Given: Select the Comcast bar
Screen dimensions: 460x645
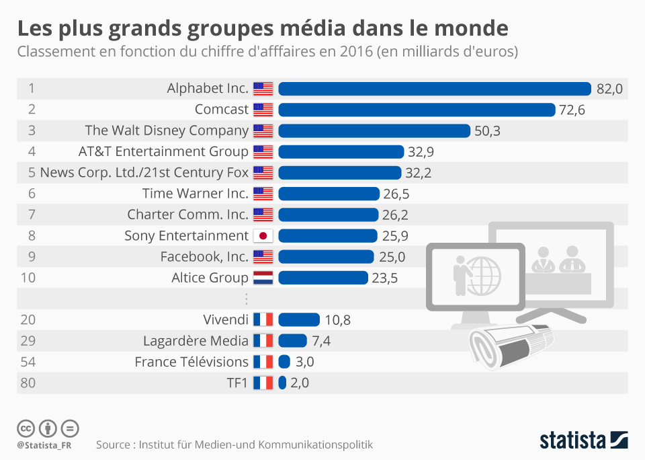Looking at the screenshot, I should tap(417, 110).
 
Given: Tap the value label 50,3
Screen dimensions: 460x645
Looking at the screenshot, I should tap(487, 130).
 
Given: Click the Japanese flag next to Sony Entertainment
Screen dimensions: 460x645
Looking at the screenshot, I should tap(263, 235).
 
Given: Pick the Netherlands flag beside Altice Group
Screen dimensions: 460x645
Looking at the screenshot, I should tap(263, 278).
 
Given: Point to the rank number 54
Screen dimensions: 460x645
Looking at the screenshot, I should tap(28, 362).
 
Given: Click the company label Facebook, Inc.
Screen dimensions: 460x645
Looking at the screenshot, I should tap(204, 256).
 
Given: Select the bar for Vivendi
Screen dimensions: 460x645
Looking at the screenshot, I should tap(299, 319).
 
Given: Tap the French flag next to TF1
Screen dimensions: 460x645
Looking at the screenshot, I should tap(263, 383).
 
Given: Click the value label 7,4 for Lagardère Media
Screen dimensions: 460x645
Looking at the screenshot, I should tap(321, 341).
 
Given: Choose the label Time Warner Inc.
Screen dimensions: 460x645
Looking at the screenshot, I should tap(196, 194).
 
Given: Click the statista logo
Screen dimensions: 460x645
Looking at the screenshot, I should tap(583, 440).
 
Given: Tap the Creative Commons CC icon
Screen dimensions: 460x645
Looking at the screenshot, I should tap(26, 428).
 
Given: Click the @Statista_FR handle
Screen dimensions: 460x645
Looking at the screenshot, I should tap(44, 445).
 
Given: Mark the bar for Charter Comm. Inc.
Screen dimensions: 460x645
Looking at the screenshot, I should tap(328, 215).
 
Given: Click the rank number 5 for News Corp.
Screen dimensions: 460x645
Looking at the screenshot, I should tap(32, 173).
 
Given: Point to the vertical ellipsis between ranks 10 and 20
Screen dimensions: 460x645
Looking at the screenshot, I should tap(246, 299).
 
